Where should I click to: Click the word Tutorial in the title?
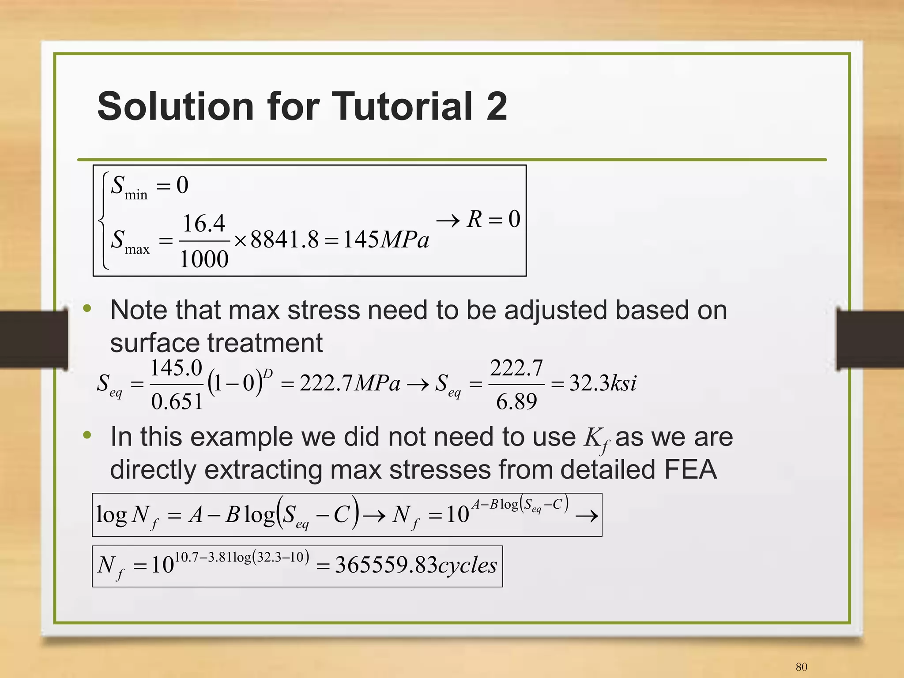402,106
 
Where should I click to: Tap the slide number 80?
801,667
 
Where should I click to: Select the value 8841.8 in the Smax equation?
284,240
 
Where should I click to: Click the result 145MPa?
385,240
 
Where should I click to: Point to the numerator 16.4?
204,223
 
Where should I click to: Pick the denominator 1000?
204,259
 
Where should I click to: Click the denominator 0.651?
177,401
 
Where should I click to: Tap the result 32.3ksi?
603,383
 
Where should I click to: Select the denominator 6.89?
516,401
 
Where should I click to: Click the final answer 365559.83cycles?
416,565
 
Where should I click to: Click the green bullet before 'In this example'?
87,435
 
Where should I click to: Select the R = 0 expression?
493,219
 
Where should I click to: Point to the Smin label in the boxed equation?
129,187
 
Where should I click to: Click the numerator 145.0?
177,368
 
